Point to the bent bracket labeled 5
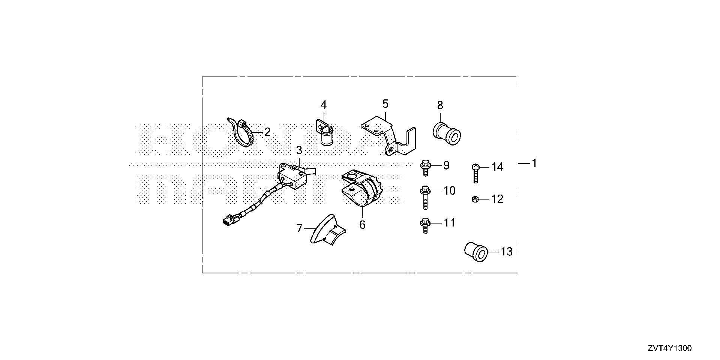pyautogui.click(x=390, y=137)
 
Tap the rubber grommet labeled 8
pyautogui.click(x=447, y=134)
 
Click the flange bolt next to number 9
pyautogui.click(x=426, y=168)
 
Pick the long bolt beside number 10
pyautogui.click(x=426, y=198)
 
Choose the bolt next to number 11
pyautogui.click(x=425, y=225)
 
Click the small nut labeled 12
pyautogui.click(x=475, y=199)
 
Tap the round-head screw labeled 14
pyautogui.click(x=475, y=172)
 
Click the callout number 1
pyautogui.click(x=534, y=163)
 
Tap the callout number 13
pyautogui.click(x=506, y=252)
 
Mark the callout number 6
pyautogui.click(x=362, y=225)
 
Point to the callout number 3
pyautogui.click(x=299, y=150)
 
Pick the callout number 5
pyautogui.click(x=385, y=104)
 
